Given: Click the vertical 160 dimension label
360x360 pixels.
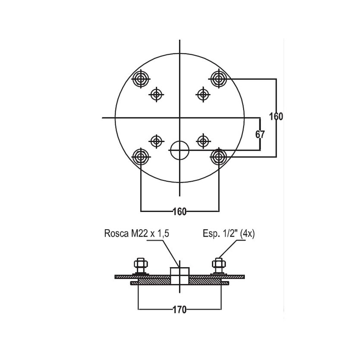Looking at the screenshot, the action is pyautogui.click(x=276, y=117).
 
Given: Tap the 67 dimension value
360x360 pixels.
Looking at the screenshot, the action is pyautogui.click(x=260, y=134).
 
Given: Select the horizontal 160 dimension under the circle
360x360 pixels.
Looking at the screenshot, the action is pyautogui.click(x=180, y=212).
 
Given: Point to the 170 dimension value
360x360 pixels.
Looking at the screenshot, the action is pyautogui.click(x=180, y=310).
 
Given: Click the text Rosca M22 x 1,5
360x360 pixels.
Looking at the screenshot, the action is pyautogui.click(x=136, y=233).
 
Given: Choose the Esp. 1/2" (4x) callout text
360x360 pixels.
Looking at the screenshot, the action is pyautogui.click(x=229, y=234).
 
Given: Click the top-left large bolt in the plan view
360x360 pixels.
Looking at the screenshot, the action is pyautogui.click(x=141, y=79).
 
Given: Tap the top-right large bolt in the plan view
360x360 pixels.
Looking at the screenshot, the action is pyautogui.click(x=218, y=79).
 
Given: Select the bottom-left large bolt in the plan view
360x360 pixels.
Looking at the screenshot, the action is pyautogui.click(x=141, y=157).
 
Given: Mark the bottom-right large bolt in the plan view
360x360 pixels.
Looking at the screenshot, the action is pyautogui.click(x=218, y=157).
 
